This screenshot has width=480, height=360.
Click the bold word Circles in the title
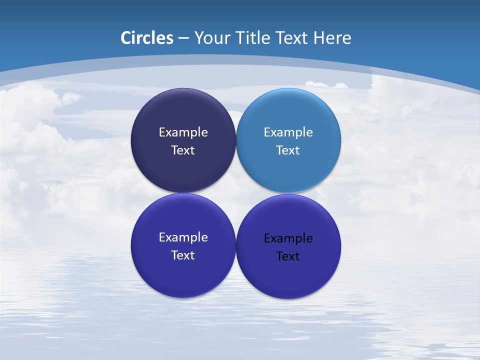pos(147,38)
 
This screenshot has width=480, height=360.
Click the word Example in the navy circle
pos(183,132)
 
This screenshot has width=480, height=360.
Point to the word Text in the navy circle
pos(183,150)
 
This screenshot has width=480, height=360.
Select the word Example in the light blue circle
pos(288,132)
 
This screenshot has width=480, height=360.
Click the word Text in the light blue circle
pos(288,150)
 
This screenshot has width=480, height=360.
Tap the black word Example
pos(288,238)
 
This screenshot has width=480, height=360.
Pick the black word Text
pos(288,256)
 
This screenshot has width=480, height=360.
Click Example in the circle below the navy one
pos(183,237)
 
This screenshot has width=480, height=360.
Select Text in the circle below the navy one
pos(183,255)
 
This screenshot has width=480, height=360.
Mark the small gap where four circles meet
pos(235,193)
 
